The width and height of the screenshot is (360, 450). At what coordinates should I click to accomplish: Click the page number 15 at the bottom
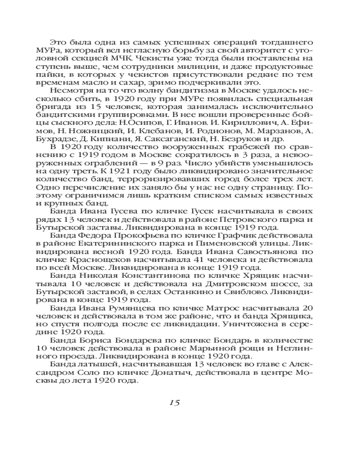coord(175,402)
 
